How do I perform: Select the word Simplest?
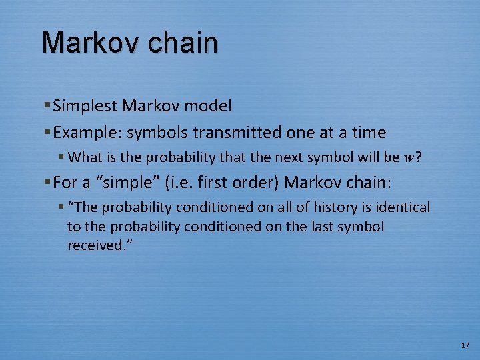pos(82,105)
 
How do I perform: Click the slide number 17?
pos(465,345)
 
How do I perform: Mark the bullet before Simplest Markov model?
pos(47,105)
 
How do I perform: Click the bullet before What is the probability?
pos(61,158)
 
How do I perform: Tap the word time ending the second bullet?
pos(369,133)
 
